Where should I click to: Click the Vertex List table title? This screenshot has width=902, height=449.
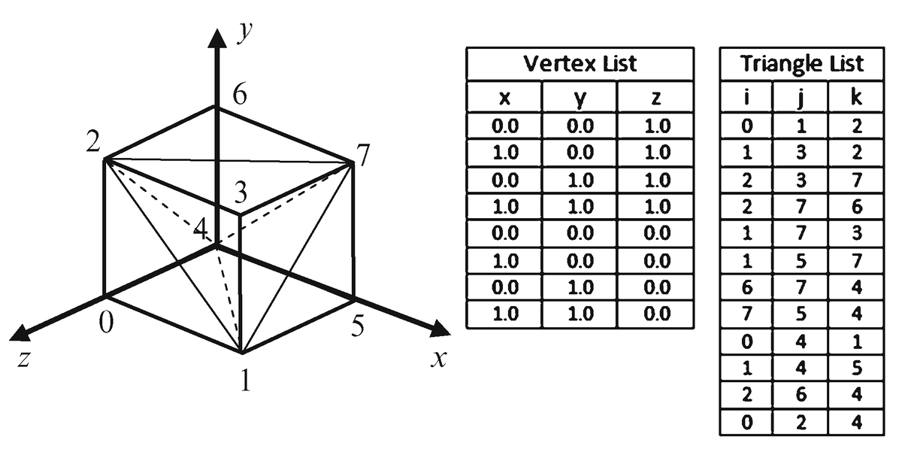tap(579, 63)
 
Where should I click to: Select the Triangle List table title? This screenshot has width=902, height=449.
tap(801, 63)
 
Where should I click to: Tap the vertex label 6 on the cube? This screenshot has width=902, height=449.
tap(240, 96)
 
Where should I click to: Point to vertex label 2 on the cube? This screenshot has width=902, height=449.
tap(92, 143)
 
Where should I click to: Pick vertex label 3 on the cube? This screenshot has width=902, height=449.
tap(241, 193)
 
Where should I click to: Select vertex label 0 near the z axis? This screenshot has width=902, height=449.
tap(107, 323)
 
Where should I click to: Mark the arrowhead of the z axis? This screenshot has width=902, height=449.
tap(20, 333)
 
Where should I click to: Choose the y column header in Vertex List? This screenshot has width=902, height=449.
tap(579, 98)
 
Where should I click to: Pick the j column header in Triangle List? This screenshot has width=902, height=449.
tap(801, 98)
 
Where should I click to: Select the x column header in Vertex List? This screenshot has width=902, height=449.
tap(504, 98)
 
